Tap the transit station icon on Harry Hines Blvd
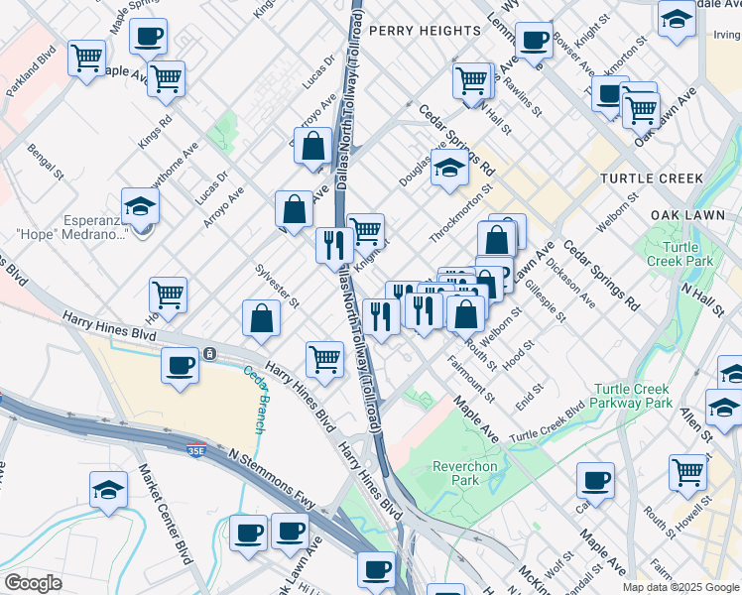pyautogui.click(x=210, y=353)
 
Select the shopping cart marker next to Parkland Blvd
pyautogui.click(x=87, y=58)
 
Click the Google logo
pyautogui.click(x=33, y=583)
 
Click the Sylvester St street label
pyautogui.click(x=277, y=286)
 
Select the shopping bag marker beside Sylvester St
pyautogui.click(x=261, y=318)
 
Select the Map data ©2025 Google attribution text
pyautogui.click(x=680, y=586)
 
